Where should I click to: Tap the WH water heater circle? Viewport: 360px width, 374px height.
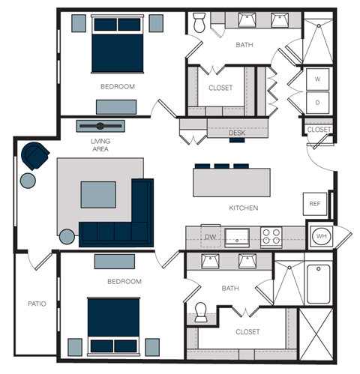tap(321, 236)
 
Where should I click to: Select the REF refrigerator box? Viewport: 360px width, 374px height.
tap(314, 202)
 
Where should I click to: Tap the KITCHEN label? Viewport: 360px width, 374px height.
tap(244, 208)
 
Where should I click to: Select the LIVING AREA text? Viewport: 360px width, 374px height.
tap(100, 145)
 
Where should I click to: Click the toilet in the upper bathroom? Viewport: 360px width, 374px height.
tap(199, 25)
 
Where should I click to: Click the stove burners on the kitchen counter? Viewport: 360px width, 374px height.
tap(271, 236)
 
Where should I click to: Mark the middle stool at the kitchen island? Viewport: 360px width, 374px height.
tap(222, 166)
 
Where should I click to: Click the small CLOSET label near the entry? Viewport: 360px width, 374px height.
tap(319, 130)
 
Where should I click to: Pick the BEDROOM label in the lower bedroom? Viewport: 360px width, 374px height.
tap(124, 282)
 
